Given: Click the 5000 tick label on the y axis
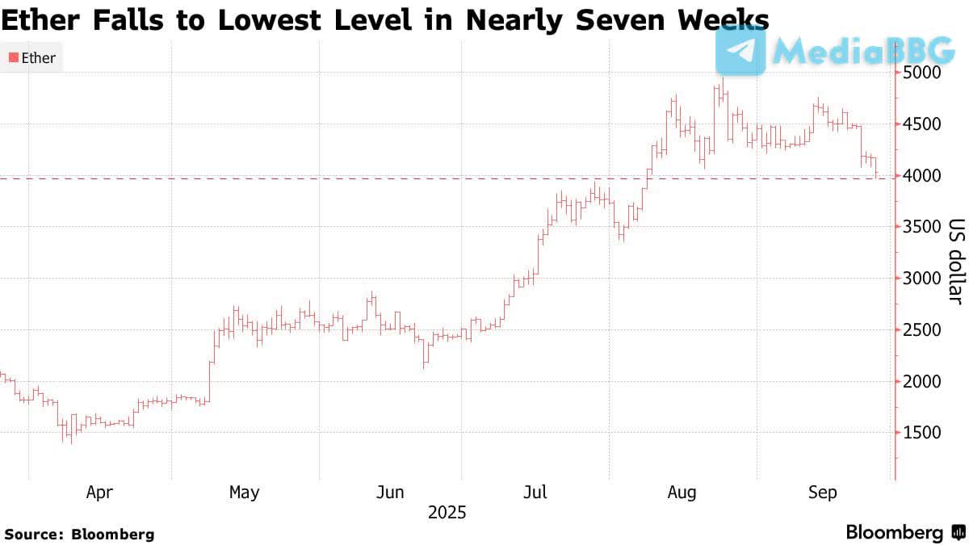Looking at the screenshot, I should click(x=922, y=73).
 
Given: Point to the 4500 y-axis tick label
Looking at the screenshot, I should click(x=922, y=124).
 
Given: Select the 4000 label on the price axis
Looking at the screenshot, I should click(x=922, y=175).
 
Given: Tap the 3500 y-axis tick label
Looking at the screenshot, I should click(x=922, y=227).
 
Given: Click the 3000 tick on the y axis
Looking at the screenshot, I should click(x=922, y=279).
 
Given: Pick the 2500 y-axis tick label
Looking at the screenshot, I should click(x=922, y=329).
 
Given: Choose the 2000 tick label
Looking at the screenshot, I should click(x=922, y=381).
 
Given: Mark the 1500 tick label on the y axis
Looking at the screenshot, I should click(x=922, y=433).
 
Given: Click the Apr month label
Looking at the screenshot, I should click(x=99, y=492).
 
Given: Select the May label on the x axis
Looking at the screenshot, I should click(x=244, y=492).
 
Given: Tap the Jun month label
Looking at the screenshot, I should click(x=391, y=492).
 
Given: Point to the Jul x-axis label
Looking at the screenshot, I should click(x=536, y=492).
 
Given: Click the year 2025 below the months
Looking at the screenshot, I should click(x=447, y=513).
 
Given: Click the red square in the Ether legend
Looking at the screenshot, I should click(x=13, y=58).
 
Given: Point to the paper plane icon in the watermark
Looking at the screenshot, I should click(x=740, y=50).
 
